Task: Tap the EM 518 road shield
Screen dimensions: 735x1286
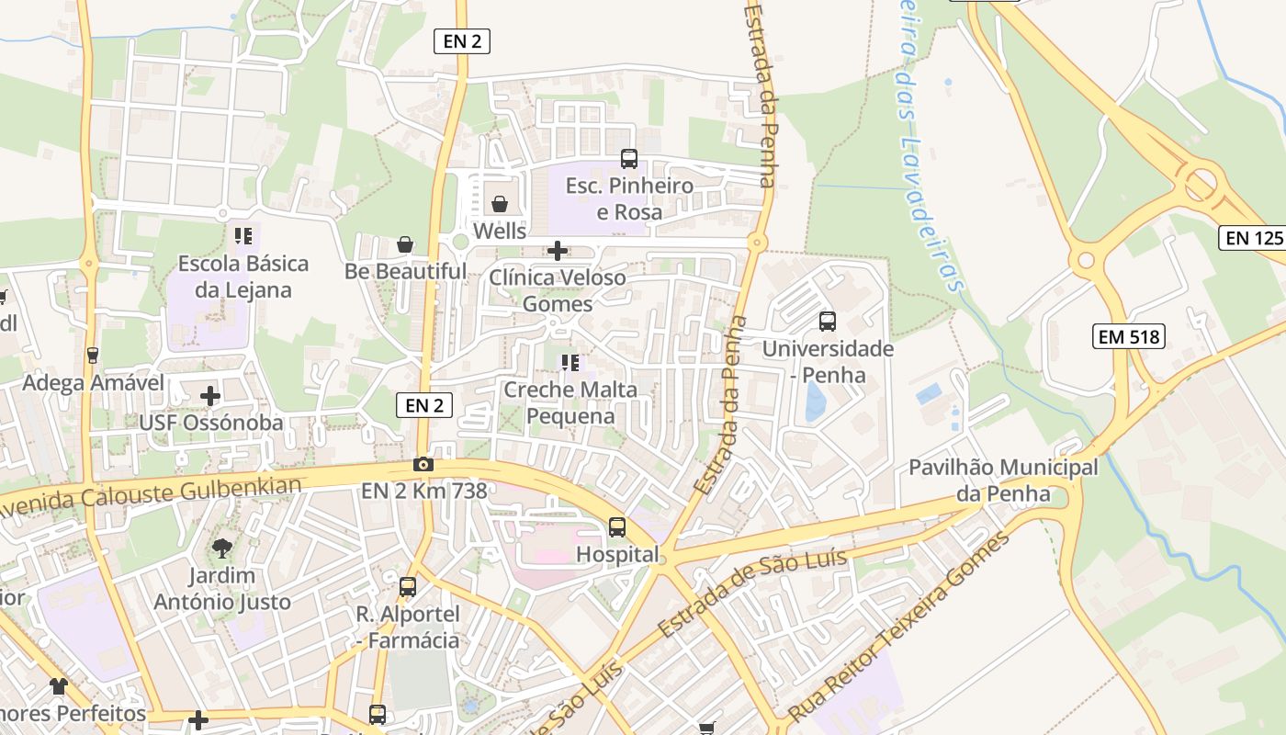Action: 1129,336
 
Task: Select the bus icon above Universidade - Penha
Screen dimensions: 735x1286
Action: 828,322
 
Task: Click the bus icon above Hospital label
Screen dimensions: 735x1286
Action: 617,527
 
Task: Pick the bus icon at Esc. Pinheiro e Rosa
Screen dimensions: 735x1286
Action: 629,158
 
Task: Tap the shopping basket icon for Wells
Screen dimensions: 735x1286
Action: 500,203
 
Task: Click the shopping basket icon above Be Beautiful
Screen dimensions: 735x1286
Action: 405,244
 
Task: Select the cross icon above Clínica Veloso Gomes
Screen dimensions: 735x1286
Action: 558,250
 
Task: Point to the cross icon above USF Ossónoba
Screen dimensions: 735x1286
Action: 210,396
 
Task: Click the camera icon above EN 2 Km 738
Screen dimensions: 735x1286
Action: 423,465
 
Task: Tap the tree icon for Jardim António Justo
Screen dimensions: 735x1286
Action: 221,549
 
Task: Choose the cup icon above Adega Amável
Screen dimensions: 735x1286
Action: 92,356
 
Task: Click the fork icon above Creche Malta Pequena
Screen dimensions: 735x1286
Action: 570,363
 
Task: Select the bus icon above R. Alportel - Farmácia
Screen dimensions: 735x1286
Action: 408,586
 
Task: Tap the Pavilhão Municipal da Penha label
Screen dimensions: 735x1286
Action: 1003,481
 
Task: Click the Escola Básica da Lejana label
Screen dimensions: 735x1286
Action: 243,277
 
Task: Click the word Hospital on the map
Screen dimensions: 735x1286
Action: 617,554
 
